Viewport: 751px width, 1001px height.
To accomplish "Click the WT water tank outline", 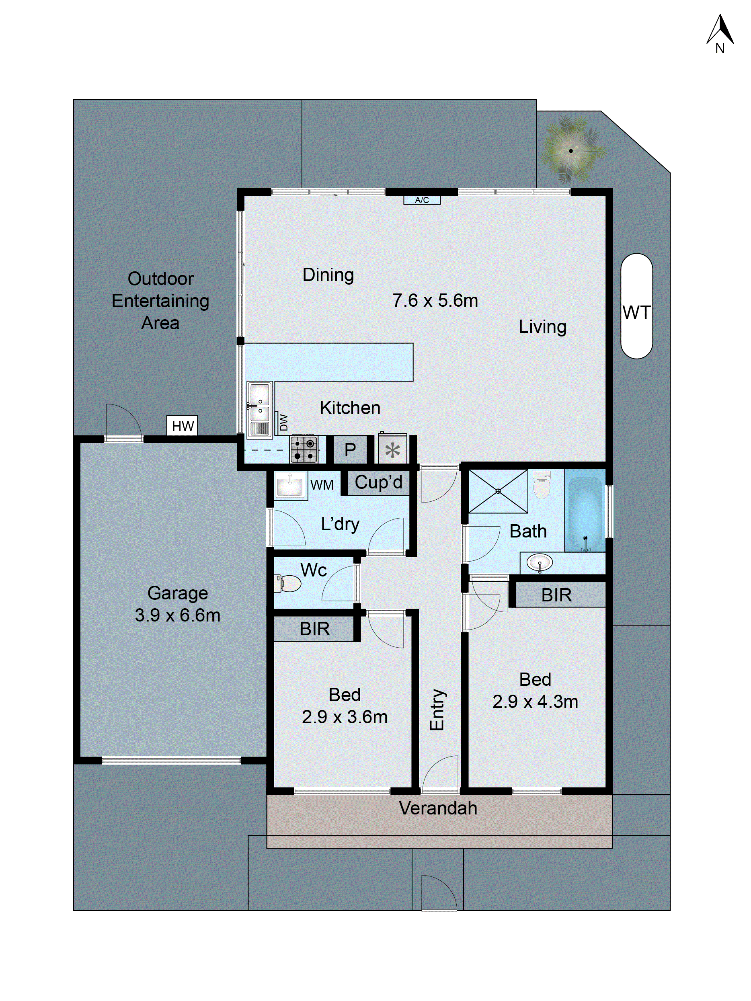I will [x=636, y=306].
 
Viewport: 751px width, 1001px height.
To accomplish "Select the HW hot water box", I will [x=183, y=426].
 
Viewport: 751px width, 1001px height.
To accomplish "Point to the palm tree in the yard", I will [x=571, y=151].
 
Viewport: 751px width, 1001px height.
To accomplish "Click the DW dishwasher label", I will [x=284, y=423].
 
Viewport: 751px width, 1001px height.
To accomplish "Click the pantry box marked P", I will [x=350, y=450].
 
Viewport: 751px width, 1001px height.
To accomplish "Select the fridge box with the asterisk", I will [x=392, y=450].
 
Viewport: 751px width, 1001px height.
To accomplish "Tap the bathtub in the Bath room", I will [x=585, y=514].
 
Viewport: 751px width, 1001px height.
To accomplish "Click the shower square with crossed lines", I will [x=498, y=491].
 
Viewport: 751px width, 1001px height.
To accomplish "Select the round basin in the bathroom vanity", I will [x=540, y=563].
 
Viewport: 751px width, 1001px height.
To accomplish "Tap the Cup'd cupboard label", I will [x=378, y=482].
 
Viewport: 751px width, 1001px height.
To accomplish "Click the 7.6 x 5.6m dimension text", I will [x=435, y=300].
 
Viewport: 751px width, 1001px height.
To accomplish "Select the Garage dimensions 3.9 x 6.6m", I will [x=177, y=615].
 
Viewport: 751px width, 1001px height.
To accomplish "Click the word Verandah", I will [x=438, y=808].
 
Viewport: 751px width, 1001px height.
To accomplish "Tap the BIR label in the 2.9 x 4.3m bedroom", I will [x=556, y=595].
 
